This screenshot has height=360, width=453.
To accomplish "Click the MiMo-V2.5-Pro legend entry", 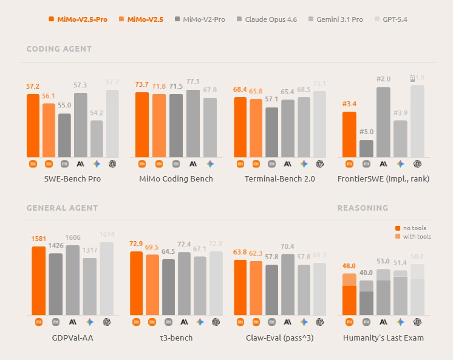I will point(78,19).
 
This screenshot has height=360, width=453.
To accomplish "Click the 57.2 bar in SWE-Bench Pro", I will point(33,126).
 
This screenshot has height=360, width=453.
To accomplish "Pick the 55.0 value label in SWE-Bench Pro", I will point(64,105).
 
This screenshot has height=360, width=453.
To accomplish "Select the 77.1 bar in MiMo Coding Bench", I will point(193,124).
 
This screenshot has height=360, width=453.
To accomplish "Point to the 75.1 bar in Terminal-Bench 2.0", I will point(319,124).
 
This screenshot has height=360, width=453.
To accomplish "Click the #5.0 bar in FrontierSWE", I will point(366,149).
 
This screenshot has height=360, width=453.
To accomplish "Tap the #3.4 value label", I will point(349,104).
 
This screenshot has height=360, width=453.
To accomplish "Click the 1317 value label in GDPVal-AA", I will point(89,250).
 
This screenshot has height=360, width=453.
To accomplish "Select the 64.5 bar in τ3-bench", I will point(169,287).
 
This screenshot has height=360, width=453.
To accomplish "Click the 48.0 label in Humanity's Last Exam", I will point(349,266).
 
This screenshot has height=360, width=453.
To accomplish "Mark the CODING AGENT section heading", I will point(59,49).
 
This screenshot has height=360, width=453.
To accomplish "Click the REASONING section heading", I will point(363,208).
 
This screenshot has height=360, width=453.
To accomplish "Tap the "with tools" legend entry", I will point(417,236).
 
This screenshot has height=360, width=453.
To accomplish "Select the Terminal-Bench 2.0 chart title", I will point(279,179).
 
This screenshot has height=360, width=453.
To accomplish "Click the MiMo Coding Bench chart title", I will point(176,179).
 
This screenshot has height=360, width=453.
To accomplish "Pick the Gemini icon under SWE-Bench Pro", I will point(97,163).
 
